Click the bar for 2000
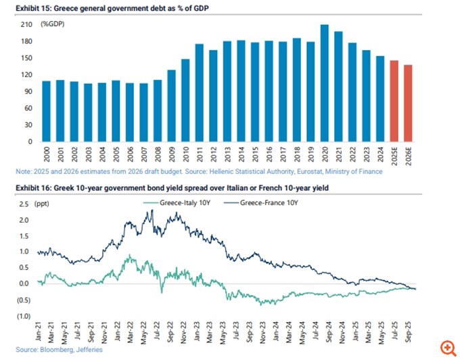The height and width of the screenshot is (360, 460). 47,112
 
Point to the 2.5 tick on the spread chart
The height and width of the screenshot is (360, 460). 24,203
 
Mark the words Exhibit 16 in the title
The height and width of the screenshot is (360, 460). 34,186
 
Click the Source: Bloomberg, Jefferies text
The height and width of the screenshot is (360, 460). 57,350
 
